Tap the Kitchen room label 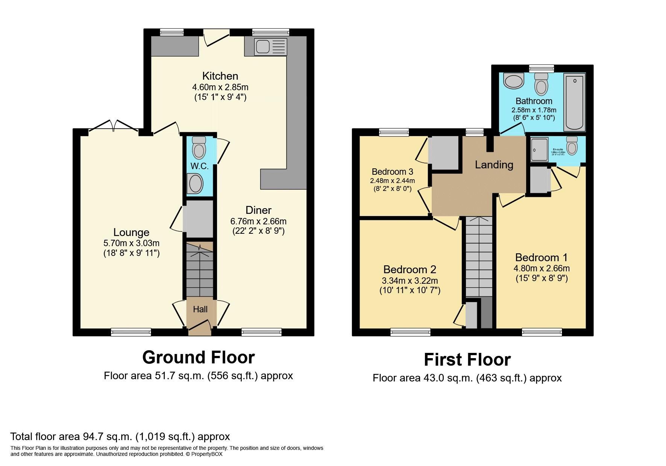[220, 76]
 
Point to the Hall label [200, 309]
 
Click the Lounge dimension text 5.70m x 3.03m [131, 243]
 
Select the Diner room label [258, 210]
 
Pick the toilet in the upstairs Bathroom [541, 83]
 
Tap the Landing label [494, 165]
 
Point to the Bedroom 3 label [392, 172]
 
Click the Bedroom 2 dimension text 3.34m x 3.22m [410, 281]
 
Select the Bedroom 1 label [541, 257]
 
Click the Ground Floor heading [198, 357]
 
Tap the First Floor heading [467, 359]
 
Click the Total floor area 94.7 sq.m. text [120, 436]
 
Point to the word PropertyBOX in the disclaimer [207, 454]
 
